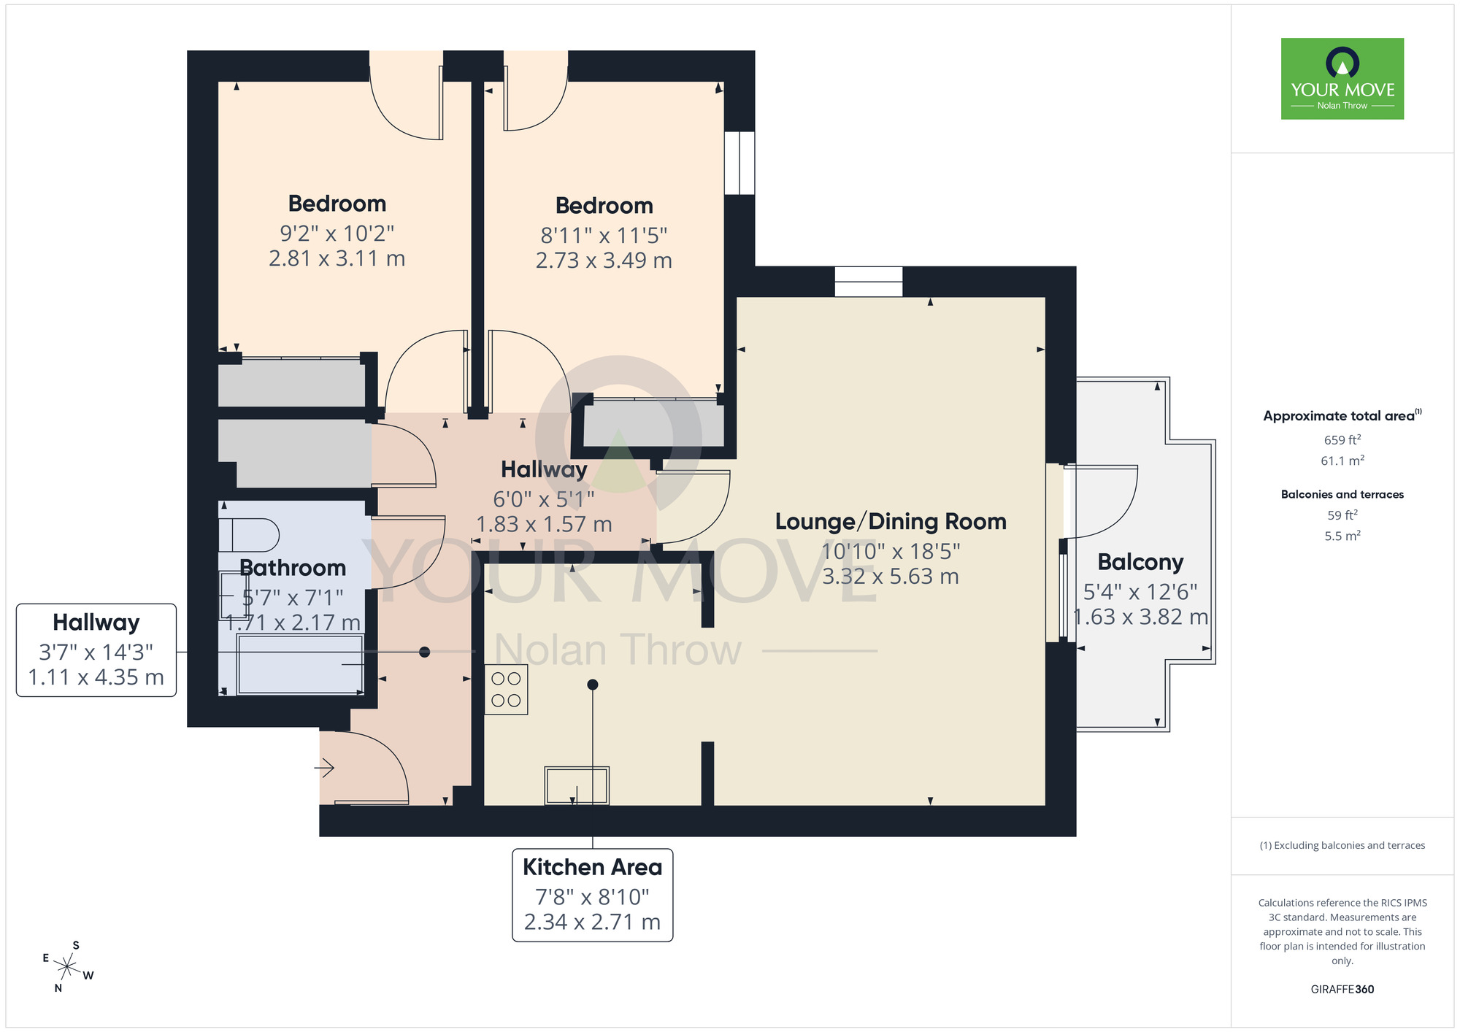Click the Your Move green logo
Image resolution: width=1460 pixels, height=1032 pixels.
(1342, 79)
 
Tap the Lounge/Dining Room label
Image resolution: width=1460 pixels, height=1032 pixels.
(891, 522)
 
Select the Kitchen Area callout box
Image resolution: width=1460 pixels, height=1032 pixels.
(592, 894)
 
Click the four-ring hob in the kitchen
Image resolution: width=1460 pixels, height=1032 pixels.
(506, 689)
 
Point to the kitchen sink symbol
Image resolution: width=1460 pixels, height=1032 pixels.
(577, 785)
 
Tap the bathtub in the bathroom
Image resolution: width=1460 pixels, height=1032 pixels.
(300, 664)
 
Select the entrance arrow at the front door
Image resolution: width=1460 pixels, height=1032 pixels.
(324, 768)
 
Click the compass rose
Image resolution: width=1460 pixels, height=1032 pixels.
(67, 968)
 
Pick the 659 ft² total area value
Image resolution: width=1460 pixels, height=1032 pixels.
(1342, 440)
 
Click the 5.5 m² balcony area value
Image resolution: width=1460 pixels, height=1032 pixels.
(1342, 536)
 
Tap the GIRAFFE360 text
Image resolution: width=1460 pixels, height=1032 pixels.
(1342, 990)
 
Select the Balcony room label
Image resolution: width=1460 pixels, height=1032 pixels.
(1140, 562)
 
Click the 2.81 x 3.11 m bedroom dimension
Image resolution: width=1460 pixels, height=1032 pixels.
(337, 258)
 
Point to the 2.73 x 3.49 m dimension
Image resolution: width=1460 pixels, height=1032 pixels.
(604, 261)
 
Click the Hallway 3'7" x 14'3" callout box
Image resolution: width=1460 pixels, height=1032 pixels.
(96, 650)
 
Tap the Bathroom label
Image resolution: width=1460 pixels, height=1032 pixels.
(293, 568)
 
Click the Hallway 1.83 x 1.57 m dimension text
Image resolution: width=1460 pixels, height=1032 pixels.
(544, 524)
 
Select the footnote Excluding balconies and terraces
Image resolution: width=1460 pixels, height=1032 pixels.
(1342, 845)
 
